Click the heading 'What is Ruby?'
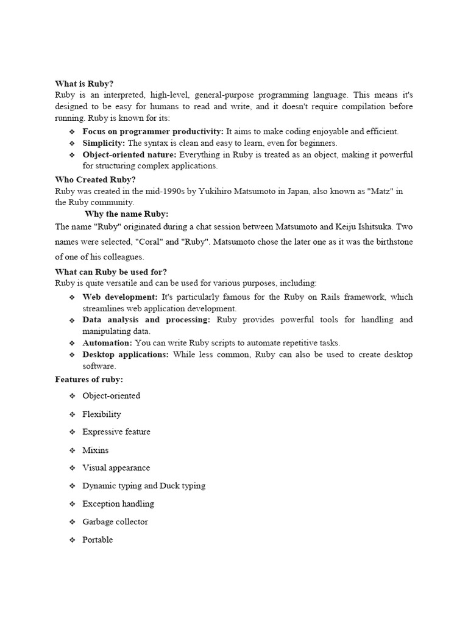[x=84, y=84]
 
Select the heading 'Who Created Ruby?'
[x=95, y=179]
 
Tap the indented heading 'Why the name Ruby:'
[x=127, y=214]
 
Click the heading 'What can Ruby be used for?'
[x=111, y=272]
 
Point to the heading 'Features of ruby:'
[x=89, y=380]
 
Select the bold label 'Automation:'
[x=107, y=343]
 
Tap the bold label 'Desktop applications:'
[x=126, y=355]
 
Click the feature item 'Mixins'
[x=96, y=450]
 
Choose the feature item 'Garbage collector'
[x=115, y=522]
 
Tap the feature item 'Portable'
[x=97, y=540]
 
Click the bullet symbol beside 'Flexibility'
[x=71, y=414]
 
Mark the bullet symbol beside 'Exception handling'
[x=71, y=504]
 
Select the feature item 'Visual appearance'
[x=116, y=468]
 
